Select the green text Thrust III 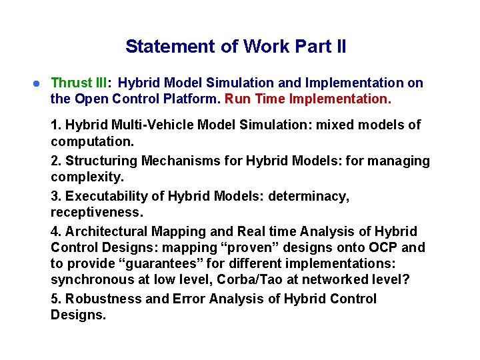point(80,83)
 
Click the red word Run point(237,99)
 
